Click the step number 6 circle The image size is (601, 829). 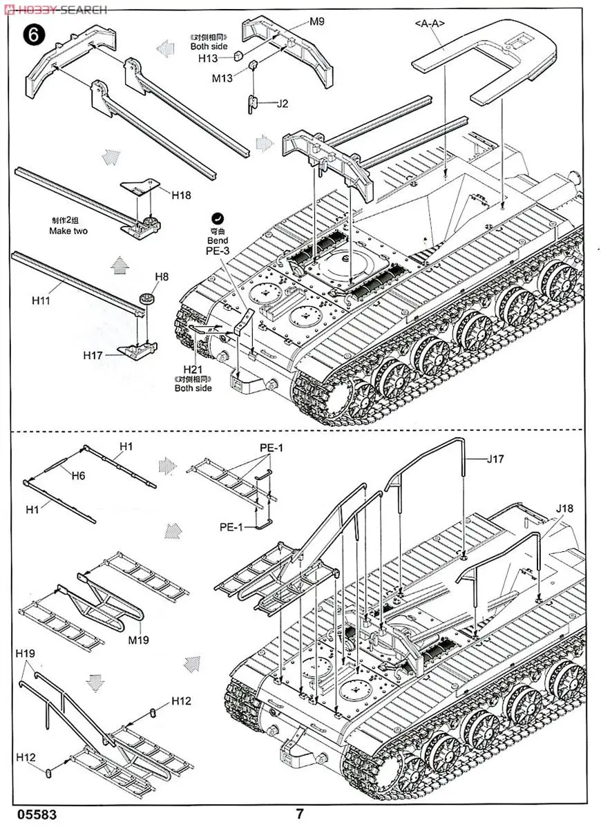pos(32,34)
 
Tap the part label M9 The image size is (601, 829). pos(316,21)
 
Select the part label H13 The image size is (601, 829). pos(208,59)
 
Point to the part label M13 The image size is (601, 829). pos(222,77)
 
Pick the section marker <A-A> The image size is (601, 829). pos(429,23)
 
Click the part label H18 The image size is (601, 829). pos(182,195)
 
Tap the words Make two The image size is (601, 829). pos(68,231)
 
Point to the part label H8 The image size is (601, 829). pos(161,277)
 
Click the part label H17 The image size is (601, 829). pos(93,355)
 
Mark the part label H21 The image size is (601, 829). pos(193,371)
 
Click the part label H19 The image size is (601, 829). pos(27,653)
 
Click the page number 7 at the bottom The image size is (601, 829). pos(299,814)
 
